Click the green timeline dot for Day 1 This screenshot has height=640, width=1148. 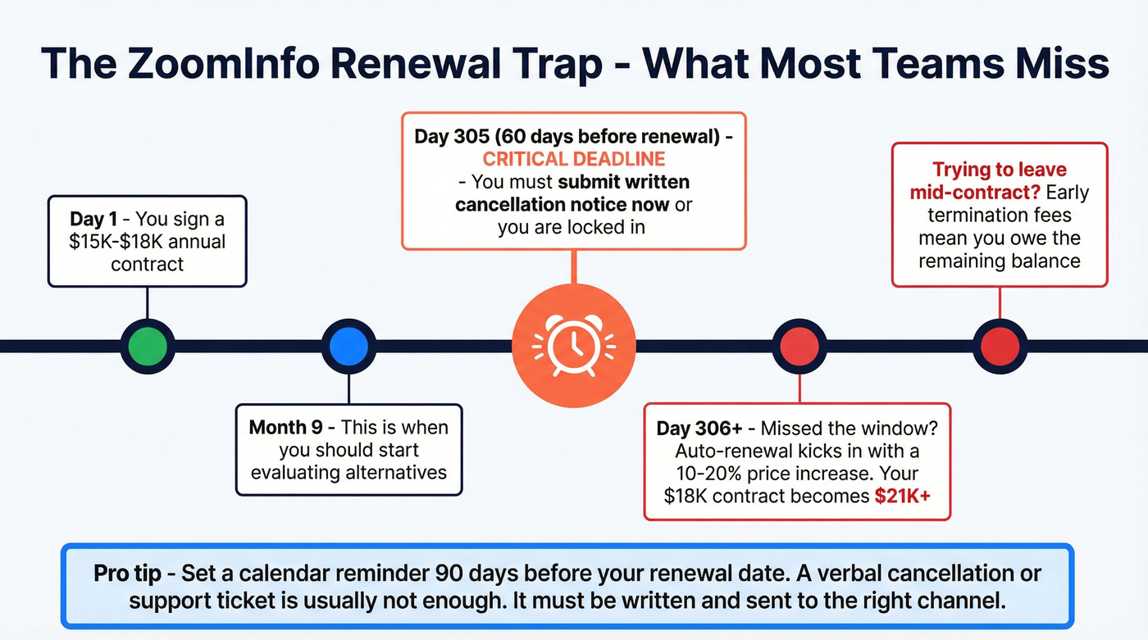[148, 346]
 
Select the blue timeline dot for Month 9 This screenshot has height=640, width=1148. [348, 346]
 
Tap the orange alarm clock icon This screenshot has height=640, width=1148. [573, 346]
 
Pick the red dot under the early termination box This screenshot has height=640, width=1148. [1000, 346]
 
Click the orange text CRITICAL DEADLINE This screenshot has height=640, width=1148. [573, 159]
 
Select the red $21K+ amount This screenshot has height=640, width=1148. [900, 496]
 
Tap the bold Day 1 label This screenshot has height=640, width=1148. [97, 220]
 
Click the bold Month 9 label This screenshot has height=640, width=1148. [291, 427]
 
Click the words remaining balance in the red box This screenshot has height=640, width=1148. [1000, 261]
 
